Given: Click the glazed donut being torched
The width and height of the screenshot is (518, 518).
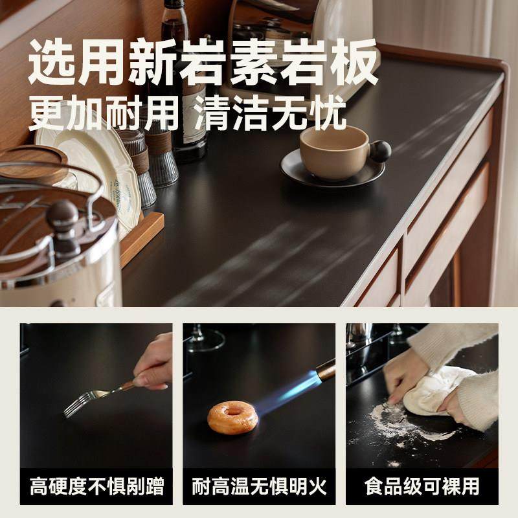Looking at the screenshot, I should pos(232,416).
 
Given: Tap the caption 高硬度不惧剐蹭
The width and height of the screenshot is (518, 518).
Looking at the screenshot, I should pos(96,486).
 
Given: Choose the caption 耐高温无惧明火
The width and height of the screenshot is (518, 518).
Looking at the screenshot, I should pos(258,486).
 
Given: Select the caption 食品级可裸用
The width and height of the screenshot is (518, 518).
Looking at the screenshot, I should pos(421,486).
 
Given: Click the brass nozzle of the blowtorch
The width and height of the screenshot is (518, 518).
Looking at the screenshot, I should pos(325,372).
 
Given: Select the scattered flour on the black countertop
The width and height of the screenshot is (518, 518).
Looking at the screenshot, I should pos(388,421).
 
